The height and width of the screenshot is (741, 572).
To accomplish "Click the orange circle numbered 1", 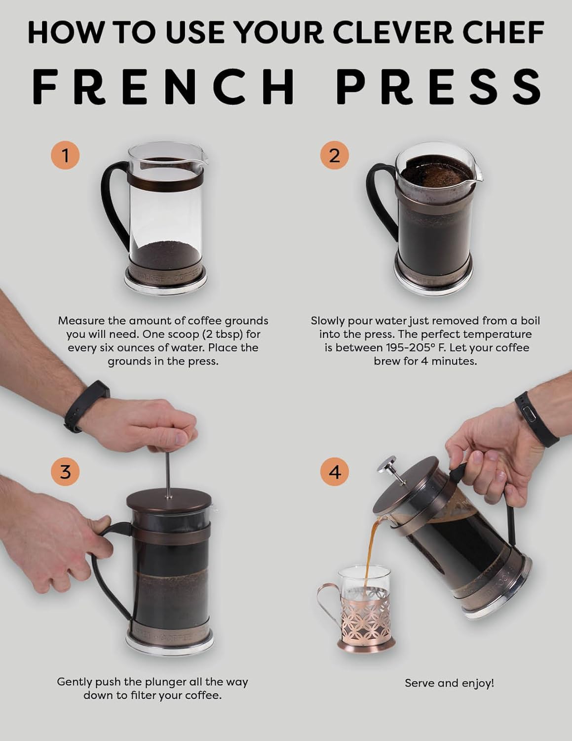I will (x=65, y=155).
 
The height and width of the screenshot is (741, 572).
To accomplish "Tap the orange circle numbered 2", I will (x=334, y=155).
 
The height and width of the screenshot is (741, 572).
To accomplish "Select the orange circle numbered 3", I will (x=65, y=471).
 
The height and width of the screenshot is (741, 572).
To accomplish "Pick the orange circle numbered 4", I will (x=334, y=471).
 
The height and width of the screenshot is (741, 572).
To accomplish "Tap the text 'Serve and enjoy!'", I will (x=449, y=683).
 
